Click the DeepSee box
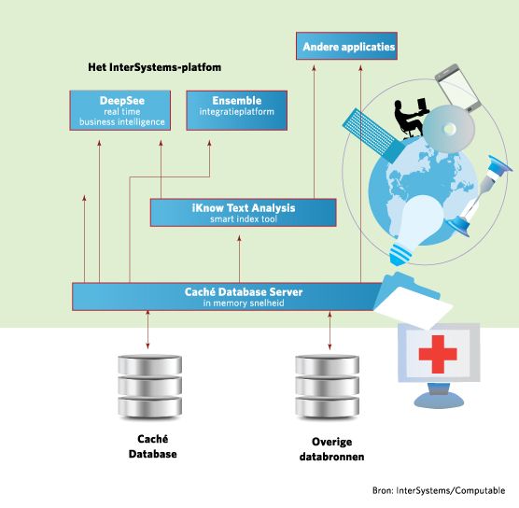click(120, 110)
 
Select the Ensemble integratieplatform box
click(237, 110)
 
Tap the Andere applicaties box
click(346, 46)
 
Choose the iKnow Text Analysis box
click(244, 213)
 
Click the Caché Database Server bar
click(229, 297)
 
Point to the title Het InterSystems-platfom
click(155, 67)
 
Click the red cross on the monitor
click(438, 354)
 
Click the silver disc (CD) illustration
click(449, 129)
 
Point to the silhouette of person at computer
click(411, 118)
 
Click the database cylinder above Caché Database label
click(150, 387)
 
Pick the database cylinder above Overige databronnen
click(327, 387)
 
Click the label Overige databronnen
click(331, 449)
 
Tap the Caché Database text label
click(152, 446)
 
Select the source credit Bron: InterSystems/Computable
click(439, 490)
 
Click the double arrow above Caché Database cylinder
click(147, 330)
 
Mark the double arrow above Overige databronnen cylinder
click(330, 331)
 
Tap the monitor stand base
click(439, 400)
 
